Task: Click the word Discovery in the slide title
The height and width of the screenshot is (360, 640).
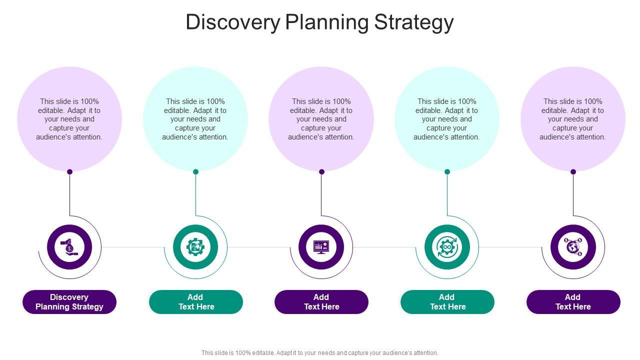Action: point(232,22)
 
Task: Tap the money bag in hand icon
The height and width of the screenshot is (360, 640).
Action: point(69,247)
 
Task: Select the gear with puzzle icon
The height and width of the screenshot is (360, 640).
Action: point(195,247)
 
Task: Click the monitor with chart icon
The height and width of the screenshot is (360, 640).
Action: point(321,247)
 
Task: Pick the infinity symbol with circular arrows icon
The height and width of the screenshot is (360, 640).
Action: point(447,247)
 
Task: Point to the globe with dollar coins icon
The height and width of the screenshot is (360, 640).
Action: point(573,247)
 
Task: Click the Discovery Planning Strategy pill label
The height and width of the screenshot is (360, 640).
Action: point(69,302)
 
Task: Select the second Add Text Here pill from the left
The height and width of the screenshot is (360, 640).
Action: point(195,302)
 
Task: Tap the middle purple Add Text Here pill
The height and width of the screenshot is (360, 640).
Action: point(321,302)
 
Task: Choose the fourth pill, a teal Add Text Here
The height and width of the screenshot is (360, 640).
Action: point(447,302)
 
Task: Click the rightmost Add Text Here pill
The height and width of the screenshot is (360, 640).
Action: point(573,302)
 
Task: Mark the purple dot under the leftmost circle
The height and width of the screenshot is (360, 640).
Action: point(70,171)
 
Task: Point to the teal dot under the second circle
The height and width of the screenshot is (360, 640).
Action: point(195,171)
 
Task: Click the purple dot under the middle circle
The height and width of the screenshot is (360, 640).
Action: point(321,171)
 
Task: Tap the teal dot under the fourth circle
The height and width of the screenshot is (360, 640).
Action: point(447,171)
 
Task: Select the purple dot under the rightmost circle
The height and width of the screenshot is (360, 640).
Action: point(573,171)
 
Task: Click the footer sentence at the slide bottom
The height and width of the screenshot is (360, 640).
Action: point(320,352)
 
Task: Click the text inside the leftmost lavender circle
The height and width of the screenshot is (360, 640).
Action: point(69,119)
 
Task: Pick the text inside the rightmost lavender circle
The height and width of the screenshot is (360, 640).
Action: point(573,119)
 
